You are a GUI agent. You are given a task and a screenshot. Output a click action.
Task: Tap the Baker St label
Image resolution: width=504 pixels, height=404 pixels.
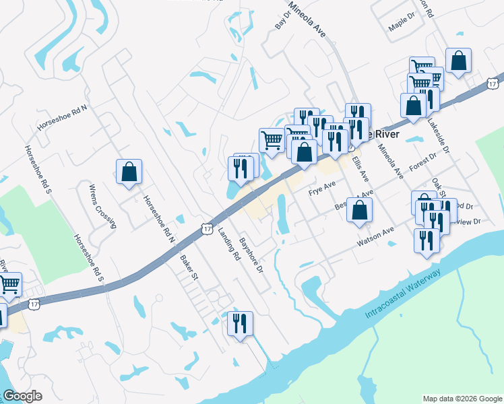tap(189, 267)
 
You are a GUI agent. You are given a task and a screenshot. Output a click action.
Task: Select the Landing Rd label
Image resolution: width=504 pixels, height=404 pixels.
tap(229, 243)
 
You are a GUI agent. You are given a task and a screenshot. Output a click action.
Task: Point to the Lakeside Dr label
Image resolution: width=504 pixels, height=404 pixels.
tap(441, 143)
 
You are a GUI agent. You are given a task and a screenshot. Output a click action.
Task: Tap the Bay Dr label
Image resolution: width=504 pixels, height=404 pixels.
tap(281, 20)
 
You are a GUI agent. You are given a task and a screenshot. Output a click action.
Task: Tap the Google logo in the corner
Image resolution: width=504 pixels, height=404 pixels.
tap(22, 395)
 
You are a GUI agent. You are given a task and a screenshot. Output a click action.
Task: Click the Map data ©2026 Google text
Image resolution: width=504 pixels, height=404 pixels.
tap(462, 399)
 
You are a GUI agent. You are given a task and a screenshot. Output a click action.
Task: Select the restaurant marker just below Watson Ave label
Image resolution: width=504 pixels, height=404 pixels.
tap(426, 240)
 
